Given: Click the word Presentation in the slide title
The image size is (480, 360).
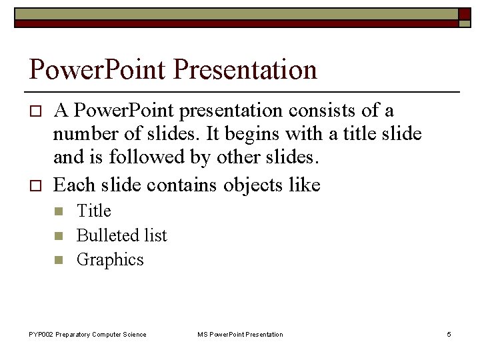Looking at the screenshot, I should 246,69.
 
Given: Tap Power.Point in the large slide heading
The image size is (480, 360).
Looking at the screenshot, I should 98,69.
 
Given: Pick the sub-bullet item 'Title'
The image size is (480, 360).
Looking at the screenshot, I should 94,211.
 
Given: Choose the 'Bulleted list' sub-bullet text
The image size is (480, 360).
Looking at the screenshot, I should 122,235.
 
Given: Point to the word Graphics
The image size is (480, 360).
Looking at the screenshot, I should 110,259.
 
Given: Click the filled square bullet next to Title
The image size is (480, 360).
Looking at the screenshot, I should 58,212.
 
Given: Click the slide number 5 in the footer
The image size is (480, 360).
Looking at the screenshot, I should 449,334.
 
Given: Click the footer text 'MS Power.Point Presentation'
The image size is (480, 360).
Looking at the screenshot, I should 240,334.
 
